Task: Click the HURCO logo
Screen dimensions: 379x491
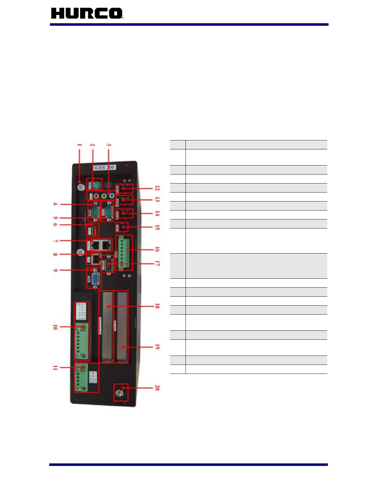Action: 87,13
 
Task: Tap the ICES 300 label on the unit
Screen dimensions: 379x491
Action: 104,167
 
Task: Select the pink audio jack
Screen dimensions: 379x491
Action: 96,196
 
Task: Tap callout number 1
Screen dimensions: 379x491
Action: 80,145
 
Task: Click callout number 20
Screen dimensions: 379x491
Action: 157,387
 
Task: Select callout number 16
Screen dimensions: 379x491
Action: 157,250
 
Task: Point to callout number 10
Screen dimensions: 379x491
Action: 55,327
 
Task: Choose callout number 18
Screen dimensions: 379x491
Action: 157,306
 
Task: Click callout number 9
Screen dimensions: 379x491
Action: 55,270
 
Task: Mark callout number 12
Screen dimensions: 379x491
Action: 157,188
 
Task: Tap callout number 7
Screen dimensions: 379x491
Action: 55,241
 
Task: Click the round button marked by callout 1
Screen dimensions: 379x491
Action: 81,187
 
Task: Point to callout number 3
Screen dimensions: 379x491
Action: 108,145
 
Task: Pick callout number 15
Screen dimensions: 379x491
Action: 157,228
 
